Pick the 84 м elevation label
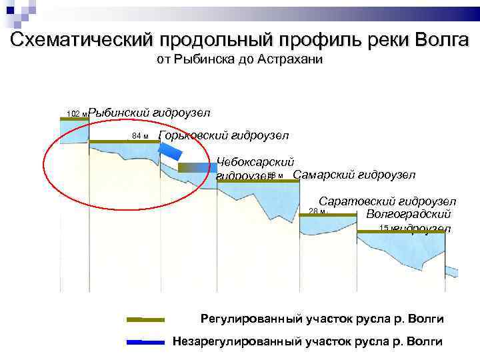[x=140, y=136]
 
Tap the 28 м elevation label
[x=316, y=211]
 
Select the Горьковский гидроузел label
[x=224, y=136]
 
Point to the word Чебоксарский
[x=255, y=162]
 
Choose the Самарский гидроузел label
[x=354, y=175]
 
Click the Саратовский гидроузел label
[x=387, y=201]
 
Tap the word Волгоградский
[x=408, y=215]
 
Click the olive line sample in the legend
[x=145, y=319]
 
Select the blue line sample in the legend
[x=145, y=342]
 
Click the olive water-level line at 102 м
[x=74, y=119]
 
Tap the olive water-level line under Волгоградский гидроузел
[x=401, y=231]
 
